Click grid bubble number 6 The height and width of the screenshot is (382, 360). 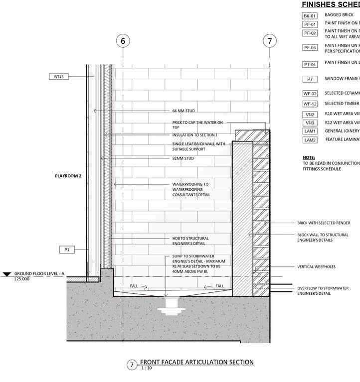[x=124, y=40]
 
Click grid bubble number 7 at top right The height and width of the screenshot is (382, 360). [x=270, y=40]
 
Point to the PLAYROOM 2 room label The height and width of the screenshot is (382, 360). [x=68, y=176]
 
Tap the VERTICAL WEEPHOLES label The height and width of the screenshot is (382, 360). [x=316, y=267]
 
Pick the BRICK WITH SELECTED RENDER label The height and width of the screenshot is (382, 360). [x=324, y=223]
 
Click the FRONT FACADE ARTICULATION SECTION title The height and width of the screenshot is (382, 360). [x=197, y=362]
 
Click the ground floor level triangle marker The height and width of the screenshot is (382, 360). [x=6, y=274]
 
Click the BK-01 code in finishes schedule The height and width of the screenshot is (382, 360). [x=310, y=15]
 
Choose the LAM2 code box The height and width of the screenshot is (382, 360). [x=310, y=140]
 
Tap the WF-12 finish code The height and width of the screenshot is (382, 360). [x=310, y=104]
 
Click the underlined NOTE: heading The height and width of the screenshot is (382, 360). [x=309, y=157]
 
